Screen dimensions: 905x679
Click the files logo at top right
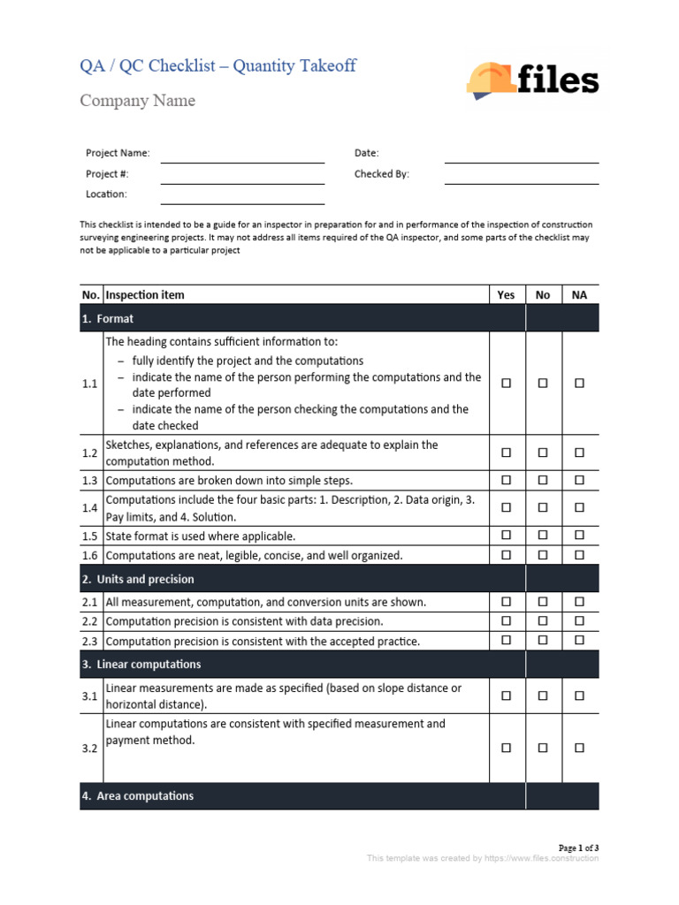(532, 80)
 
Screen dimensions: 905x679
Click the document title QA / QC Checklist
(217, 66)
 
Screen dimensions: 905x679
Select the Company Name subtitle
(137, 101)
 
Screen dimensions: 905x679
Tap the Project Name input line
(242, 155)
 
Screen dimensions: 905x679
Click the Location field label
(106, 194)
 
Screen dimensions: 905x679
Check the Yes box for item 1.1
(507, 384)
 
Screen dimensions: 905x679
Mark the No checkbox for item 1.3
(543, 481)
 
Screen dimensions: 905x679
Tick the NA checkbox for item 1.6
(579, 556)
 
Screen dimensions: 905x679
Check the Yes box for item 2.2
(507, 621)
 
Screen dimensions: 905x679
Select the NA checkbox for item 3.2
(579, 748)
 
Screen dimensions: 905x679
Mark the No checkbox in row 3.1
(543, 696)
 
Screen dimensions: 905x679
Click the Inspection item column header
(145, 295)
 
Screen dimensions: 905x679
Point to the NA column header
(579, 295)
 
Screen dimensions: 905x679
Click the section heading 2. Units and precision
(137, 580)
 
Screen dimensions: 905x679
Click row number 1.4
(89, 508)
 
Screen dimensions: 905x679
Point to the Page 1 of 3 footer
(579, 848)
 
